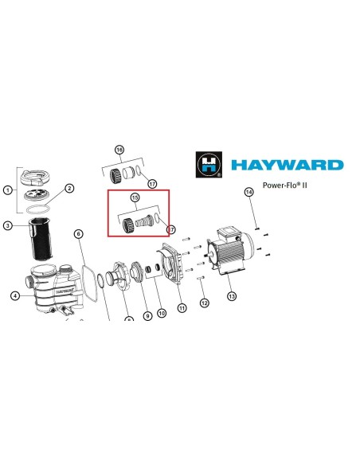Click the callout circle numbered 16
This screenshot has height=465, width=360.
(119, 150)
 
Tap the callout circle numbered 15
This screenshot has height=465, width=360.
(135, 197)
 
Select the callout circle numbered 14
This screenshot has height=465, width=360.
(248, 192)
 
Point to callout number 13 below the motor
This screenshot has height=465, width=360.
(232, 295)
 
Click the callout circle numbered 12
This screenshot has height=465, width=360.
(205, 303)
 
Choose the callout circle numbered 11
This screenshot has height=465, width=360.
(182, 308)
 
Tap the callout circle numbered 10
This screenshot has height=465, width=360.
(162, 313)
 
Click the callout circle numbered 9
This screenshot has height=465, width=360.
(147, 316)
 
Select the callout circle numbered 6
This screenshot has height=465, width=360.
(79, 234)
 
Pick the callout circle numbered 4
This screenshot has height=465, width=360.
(15, 295)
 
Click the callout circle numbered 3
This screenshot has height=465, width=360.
(8, 225)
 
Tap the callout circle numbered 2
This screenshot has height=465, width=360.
(69, 189)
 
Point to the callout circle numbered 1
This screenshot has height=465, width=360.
(8, 190)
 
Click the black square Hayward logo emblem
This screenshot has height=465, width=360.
(209, 165)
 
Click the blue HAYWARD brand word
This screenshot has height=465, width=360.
(287, 165)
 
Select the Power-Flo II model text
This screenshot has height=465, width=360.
(284, 186)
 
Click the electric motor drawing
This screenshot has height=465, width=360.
(231, 251)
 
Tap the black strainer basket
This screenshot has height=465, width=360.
(41, 239)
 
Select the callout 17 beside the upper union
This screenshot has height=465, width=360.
(152, 184)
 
